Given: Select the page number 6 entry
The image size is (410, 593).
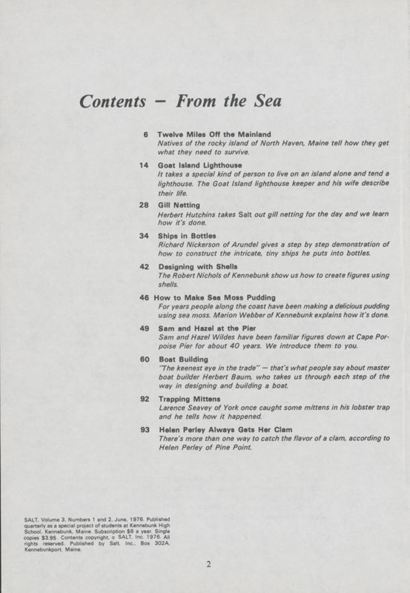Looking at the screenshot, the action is [146, 134].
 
